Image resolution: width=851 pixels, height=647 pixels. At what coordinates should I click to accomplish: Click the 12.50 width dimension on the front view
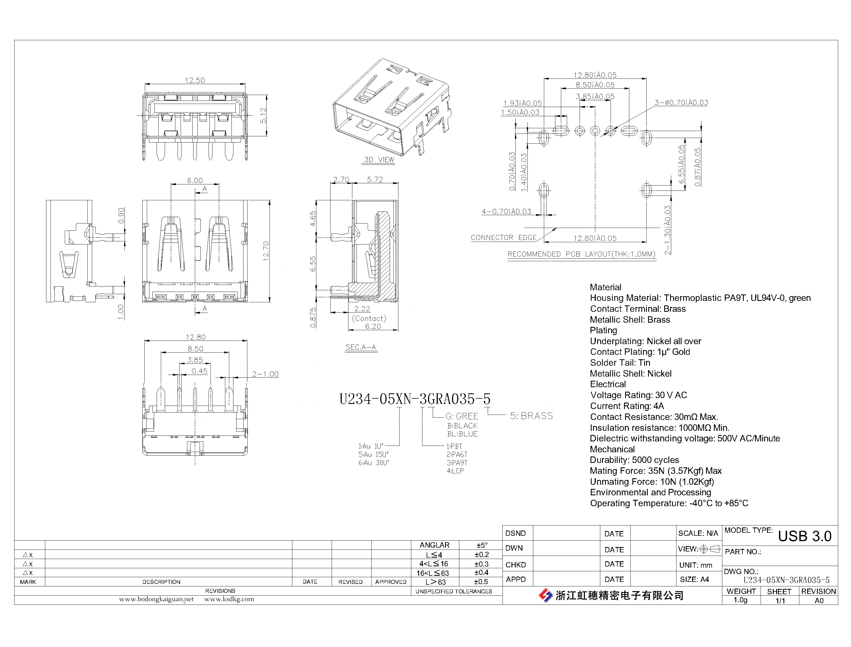tap(195, 80)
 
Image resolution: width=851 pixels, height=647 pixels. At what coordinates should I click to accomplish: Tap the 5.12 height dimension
tap(263, 115)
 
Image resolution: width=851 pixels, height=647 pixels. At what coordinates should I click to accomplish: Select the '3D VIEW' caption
tap(379, 160)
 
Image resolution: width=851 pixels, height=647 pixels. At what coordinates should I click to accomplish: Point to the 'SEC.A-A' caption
tap(361, 347)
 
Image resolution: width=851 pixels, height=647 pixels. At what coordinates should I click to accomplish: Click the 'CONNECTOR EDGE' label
tap(503, 238)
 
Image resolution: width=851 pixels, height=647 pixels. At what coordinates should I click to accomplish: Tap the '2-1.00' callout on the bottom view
tap(265, 374)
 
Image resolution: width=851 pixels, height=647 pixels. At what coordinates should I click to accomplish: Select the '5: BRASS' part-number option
tap(531, 416)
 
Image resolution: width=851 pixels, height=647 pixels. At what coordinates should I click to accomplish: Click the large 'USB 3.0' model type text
tap(804, 536)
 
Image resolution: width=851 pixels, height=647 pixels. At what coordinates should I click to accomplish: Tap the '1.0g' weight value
tap(740, 600)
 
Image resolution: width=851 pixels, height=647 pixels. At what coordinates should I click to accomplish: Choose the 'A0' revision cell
tap(819, 600)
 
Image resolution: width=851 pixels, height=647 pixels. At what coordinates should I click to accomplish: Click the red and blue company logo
tap(545, 595)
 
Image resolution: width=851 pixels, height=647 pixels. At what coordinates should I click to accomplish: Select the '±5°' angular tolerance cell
tap(482, 545)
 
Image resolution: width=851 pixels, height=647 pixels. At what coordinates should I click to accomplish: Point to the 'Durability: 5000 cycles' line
tap(634, 460)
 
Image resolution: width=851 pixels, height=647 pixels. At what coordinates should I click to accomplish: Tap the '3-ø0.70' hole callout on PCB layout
tap(681, 103)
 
